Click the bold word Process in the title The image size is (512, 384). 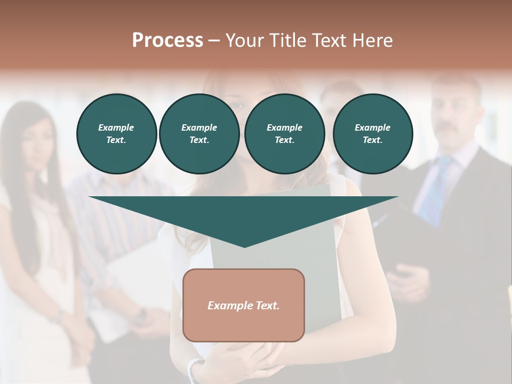[x=167, y=40]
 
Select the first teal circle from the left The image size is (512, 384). [x=116, y=133]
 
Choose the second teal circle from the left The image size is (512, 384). [x=199, y=133]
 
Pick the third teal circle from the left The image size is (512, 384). [x=284, y=133]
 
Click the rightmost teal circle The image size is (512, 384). [x=372, y=133]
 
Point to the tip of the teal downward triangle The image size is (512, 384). [x=244, y=246]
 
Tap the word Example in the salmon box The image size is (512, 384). [x=228, y=306]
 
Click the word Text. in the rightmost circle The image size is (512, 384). [x=372, y=140]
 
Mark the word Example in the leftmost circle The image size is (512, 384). [x=116, y=127]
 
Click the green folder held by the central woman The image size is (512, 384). [x=320, y=240]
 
